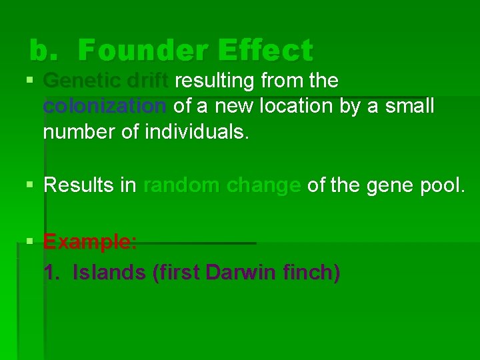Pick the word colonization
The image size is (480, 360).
pyautogui.click(x=105, y=106)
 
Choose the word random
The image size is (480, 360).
pyautogui.click(x=182, y=185)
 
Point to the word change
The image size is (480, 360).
pyautogui.click(x=263, y=185)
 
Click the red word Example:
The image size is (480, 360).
pyautogui.click(x=90, y=241)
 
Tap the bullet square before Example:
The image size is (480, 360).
pyautogui.click(x=30, y=242)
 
